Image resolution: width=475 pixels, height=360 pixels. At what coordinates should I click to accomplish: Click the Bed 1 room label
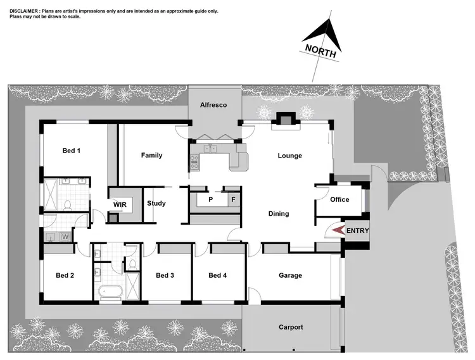click(71, 151)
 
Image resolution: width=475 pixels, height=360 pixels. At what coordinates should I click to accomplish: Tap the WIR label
click(120, 205)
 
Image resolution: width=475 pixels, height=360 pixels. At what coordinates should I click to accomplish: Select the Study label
click(156, 203)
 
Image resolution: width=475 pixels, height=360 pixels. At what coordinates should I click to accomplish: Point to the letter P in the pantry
click(210, 199)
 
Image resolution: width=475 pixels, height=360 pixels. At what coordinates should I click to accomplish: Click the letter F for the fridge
click(233, 199)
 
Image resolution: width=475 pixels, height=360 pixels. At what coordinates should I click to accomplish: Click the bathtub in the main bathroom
click(110, 292)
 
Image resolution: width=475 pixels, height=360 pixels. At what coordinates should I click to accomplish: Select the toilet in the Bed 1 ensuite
click(68, 204)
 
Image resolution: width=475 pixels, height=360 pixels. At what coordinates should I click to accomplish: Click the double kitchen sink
click(211, 149)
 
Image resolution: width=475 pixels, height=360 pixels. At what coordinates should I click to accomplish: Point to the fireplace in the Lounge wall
click(286, 120)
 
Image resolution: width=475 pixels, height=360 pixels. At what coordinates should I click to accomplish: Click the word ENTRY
click(357, 231)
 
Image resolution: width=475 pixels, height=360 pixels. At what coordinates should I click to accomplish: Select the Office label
click(339, 199)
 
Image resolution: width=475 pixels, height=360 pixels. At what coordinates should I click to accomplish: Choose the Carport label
click(291, 327)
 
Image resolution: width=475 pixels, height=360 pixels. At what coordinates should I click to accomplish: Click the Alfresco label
click(213, 104)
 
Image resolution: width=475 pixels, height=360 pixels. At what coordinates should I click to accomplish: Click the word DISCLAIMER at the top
click(25, 11)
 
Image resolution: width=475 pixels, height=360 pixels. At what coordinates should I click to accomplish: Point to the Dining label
click(279, 214)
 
